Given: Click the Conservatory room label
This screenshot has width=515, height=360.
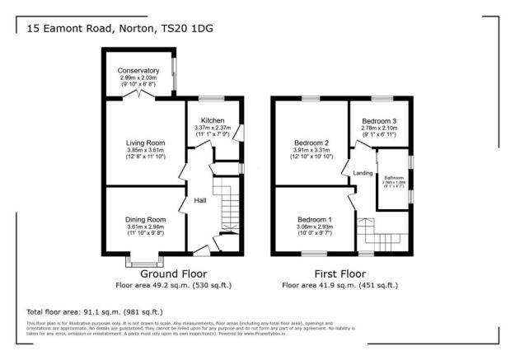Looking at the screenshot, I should click(138, 70).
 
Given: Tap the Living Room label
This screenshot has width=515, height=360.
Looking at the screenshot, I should click(145, 143).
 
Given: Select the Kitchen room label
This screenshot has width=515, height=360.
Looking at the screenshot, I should click(213, 120).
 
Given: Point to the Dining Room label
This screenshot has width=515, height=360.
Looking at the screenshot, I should click(145, 220).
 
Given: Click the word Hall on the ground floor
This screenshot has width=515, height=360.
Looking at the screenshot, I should click(200, 200).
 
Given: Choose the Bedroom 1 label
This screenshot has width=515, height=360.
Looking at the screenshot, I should click(313, 220).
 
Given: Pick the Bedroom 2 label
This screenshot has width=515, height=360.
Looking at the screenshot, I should click(312, 143).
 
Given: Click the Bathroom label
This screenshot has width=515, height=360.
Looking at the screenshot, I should click(393, 177).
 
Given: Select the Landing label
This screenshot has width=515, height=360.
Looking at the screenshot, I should click(363, 173).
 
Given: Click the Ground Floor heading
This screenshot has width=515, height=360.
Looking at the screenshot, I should click(173, 273).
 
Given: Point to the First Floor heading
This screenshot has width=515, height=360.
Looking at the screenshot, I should click(339, 273).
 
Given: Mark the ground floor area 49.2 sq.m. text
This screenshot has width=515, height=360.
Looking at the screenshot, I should click(173, 285).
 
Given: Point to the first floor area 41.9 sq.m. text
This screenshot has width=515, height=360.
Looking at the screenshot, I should click(339, 285).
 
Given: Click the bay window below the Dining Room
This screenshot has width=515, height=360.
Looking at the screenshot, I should click(133, 262).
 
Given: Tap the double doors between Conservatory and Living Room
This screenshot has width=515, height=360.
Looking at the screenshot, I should click(145, 96).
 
